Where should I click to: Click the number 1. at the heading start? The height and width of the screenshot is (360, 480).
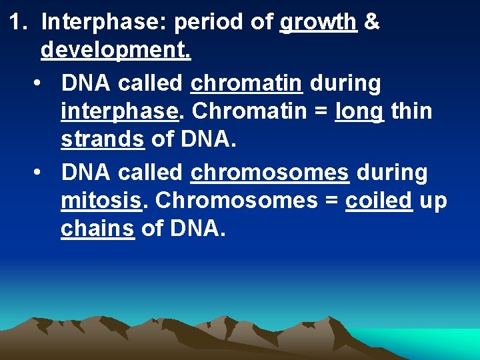tap(21, 23)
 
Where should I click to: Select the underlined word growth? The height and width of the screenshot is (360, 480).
tap(318, 23)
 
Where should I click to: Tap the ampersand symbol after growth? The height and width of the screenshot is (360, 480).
tap(373, 23)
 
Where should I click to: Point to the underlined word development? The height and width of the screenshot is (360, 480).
tap(116, 50)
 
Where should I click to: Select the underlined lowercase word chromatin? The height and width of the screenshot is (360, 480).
tap(247, 84)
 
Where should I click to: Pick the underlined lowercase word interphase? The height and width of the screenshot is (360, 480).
tap(120, 112)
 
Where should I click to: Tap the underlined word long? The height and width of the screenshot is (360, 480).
tap(359, 112)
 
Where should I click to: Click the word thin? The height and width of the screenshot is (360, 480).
tap(412, 111)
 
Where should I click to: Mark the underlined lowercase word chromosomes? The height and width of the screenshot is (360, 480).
tap(270, 173)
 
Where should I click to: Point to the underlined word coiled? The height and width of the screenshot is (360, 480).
tap(379, 200)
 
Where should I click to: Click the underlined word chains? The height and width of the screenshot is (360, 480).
tap(97, 228)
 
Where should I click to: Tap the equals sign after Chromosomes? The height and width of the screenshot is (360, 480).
tap(329, 201)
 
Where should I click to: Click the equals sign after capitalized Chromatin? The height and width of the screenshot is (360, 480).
tap(319, 112)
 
